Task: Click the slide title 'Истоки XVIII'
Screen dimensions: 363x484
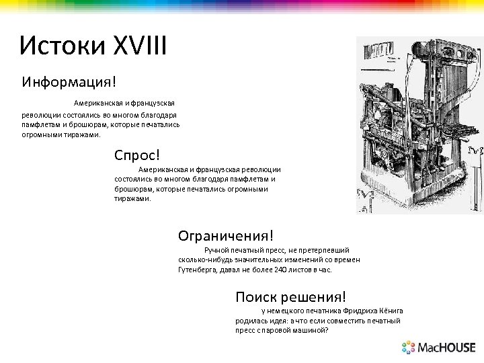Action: pos(93,46)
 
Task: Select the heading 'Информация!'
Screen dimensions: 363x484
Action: pos(69,82)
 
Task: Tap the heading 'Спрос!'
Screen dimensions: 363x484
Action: pos(137,155)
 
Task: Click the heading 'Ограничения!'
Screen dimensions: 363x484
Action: pos(226,235)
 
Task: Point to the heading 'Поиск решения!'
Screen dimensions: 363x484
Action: pos(291,296)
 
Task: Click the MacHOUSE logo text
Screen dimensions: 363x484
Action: pos(447,348)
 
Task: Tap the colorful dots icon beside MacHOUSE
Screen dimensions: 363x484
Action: pos(409,348)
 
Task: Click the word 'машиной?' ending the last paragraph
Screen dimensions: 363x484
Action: pos(311,331)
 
